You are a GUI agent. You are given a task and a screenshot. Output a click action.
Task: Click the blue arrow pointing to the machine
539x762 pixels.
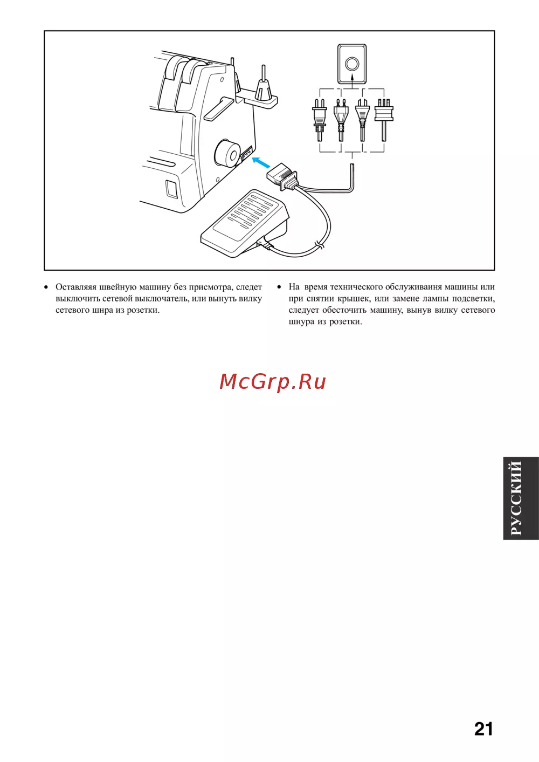261,162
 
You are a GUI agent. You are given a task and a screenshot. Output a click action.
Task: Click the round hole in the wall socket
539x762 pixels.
351,64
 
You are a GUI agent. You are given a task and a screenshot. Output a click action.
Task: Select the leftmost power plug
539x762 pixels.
319,120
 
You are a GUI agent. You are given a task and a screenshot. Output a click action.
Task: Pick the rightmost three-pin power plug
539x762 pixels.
384,120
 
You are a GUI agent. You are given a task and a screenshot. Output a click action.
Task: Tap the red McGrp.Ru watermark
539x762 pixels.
273,382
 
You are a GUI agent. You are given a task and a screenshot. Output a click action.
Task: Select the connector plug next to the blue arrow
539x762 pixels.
282,176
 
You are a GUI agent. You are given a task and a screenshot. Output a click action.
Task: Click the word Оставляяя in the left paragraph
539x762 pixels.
76,287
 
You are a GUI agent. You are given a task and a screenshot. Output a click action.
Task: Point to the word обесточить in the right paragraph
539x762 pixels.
344,310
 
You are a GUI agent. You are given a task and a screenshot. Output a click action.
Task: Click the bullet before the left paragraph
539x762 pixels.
46,287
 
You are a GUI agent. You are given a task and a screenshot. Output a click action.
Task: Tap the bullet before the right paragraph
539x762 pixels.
279,287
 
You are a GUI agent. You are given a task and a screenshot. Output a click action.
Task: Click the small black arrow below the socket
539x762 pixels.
352,79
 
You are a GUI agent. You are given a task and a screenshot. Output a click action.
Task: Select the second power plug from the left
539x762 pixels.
341,120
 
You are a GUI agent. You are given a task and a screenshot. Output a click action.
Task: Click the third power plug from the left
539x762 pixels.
362,120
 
